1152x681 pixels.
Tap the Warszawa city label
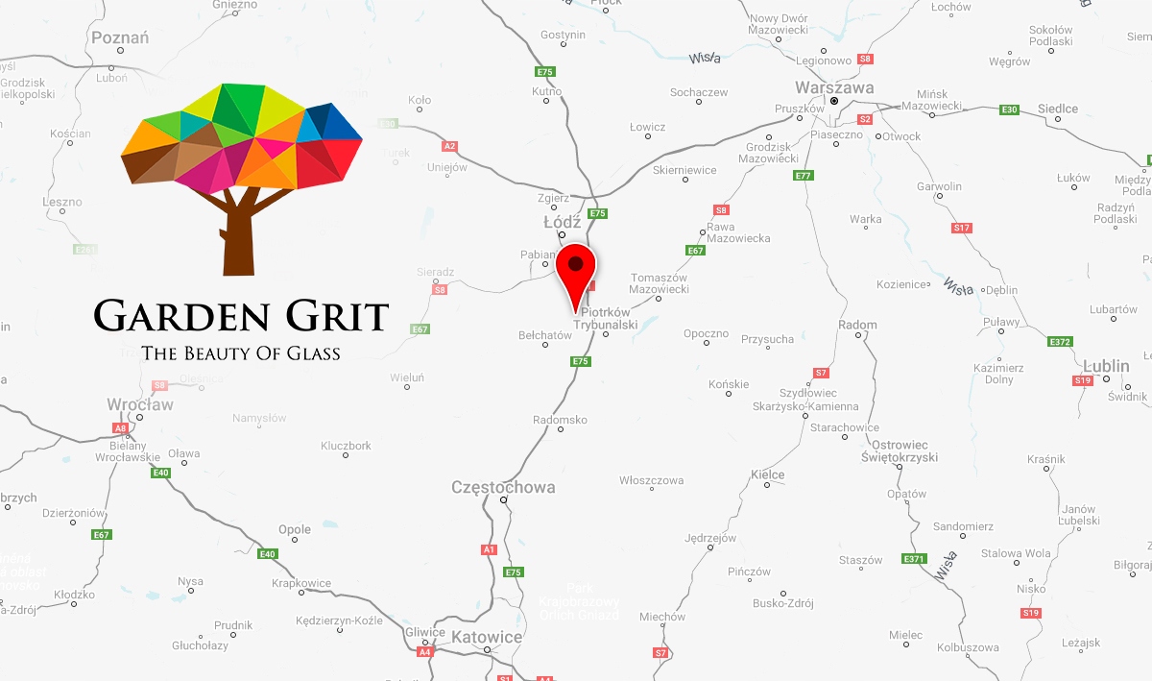[x=835, y=87]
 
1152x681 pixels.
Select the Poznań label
[x=120, y=37]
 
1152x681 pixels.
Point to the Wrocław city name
[x=140, y=405]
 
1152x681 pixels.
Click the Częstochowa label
[x=503, y=487]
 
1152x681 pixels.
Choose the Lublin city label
[x=1109, y=366]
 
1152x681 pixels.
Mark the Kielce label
[x=768, y=474]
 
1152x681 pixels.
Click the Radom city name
[x=857, y=325]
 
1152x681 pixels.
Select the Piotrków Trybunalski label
[x=606, y=319]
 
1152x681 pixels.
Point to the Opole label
[x=295, y=529]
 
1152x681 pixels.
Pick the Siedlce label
[x=1058, y=109]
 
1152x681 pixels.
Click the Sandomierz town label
[x=963, y=526]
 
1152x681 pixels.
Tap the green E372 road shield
[x=1060, y=342]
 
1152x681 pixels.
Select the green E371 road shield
[x=914, y=558]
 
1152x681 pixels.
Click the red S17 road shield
[x=961, y=228]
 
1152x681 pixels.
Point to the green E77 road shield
[x=804, y=176]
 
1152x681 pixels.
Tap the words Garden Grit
[x=241, y=316]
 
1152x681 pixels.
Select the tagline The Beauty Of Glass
[x=241, y=353]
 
